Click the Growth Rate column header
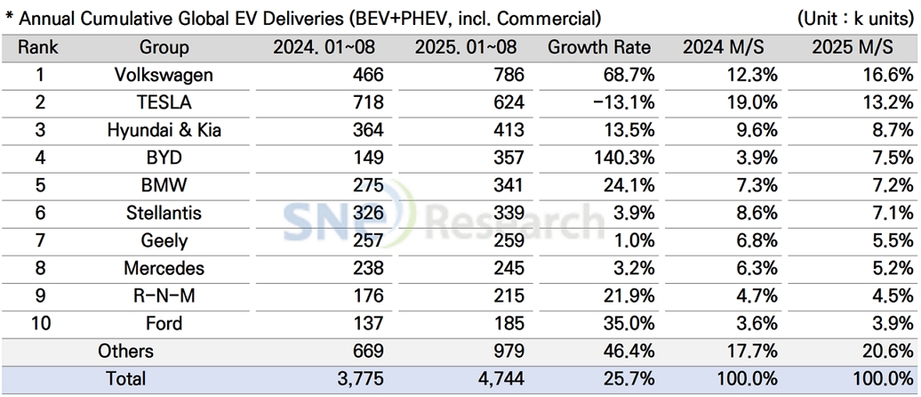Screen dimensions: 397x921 pyautogui.click(x=598, y=48)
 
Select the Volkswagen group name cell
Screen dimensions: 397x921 pyautogui.click(x=164, y=76)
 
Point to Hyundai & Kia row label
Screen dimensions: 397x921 pyautogui.click(x=164, y=131)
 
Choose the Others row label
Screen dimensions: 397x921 pyautogui.click(x=125, y=351)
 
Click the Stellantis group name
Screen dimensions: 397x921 pyautogui.click(x=164, y=214)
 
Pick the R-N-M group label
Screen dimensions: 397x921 pyautogui.click(x=164, y=296)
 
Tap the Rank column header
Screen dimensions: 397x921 pyautogui.click(x=39, y=48)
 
